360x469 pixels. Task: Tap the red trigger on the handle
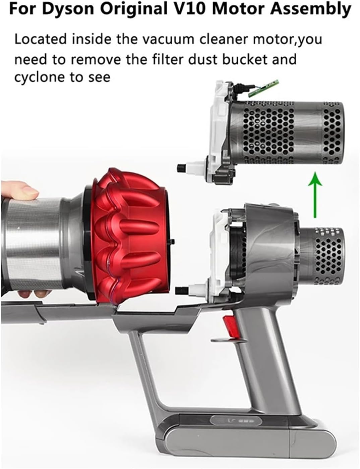click(230, 325)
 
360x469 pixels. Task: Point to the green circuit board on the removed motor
click(263, 88)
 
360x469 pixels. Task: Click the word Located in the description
click(41, 39)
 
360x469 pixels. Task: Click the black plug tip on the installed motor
click(180, 291)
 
